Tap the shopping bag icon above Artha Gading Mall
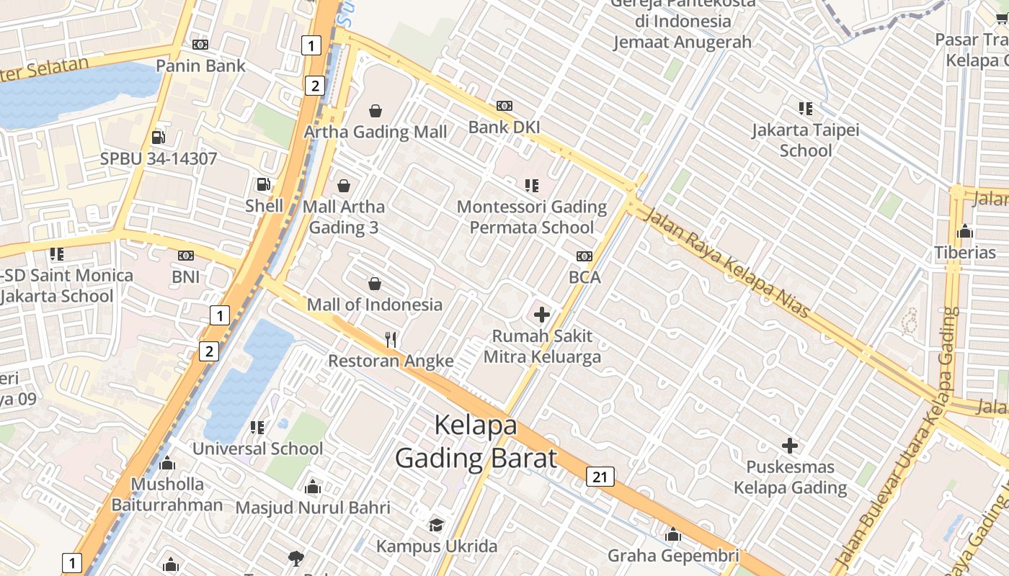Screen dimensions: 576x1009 (x=375, y=111)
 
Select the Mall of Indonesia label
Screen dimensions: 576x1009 (x=375, y=305)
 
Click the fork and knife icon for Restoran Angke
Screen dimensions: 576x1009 (x=391, y=339)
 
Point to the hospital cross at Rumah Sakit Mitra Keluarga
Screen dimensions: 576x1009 (x=542, y=315)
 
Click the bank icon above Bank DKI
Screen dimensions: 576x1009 (x=504, y=106)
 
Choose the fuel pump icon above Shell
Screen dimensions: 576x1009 (x=264, y=184)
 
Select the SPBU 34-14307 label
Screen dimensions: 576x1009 (x=159, y=158)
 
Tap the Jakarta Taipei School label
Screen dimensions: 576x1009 (x=805, y=140)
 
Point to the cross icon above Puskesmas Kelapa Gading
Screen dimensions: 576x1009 (x=790, y=446)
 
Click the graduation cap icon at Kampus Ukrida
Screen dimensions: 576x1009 (x=436, y=525)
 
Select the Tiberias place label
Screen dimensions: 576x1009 (x=965, y=253)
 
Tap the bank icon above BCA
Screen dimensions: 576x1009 (x=584, y=256)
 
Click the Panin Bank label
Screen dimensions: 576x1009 (x=201, y=66)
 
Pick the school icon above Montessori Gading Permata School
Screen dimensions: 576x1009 (x=532, y=186)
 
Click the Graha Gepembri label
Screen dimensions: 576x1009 (x=673, y=556)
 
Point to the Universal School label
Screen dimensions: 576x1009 (x=257, y=449)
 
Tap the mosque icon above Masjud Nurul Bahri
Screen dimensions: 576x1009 (x=312, y=487)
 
